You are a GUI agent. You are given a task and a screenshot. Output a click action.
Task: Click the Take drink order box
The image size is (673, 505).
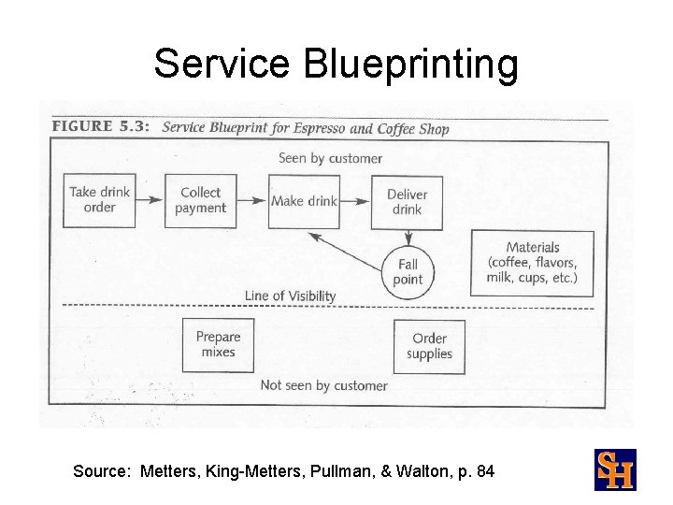click(99, 200)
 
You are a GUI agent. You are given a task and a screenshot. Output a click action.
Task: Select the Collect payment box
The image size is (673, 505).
click(201, 200)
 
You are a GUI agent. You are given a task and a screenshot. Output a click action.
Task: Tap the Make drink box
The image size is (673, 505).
click(304, 201)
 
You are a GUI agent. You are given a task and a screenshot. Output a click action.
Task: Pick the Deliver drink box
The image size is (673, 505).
click(407, 201)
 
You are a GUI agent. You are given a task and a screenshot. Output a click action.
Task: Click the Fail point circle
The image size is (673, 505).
click(408, 272)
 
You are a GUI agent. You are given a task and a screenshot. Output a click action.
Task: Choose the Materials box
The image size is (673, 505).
click(533, 263)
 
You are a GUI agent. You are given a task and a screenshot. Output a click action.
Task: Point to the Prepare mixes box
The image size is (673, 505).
click(218, 345)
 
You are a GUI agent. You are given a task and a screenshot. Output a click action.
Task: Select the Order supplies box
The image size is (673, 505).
click(429, 346)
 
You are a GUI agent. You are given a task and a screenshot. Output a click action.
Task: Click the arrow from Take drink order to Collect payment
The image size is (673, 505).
click(149, 200)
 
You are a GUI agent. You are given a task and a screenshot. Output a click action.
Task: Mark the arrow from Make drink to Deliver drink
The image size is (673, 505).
click(354, 201)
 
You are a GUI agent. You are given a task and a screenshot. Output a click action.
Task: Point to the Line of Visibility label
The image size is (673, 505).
click(290, 296)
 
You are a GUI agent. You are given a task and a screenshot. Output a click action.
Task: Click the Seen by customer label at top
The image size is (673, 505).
click(330, 158)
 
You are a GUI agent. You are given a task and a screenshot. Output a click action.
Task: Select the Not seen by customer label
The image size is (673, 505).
click(323, 385)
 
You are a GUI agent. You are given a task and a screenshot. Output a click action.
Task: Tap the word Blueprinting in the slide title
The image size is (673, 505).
click(410, 64)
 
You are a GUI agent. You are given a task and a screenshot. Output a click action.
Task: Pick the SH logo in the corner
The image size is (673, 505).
click(615, 469)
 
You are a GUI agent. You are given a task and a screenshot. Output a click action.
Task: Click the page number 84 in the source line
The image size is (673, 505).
click(485, 471)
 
